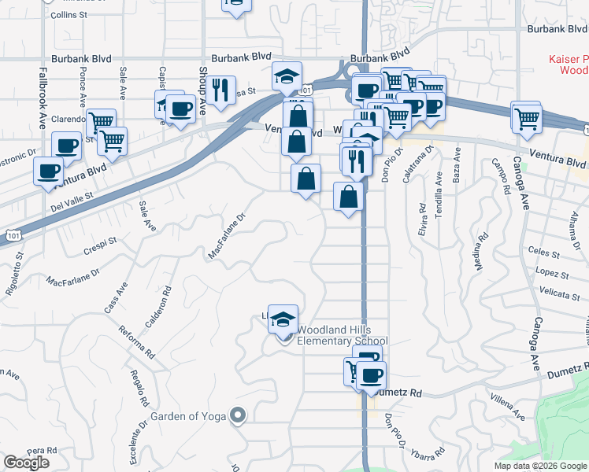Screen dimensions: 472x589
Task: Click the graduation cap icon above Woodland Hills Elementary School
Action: click(283, 318)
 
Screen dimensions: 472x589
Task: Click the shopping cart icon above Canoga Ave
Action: click(526, 118)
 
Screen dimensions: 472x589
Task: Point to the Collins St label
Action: click(69, 15)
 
